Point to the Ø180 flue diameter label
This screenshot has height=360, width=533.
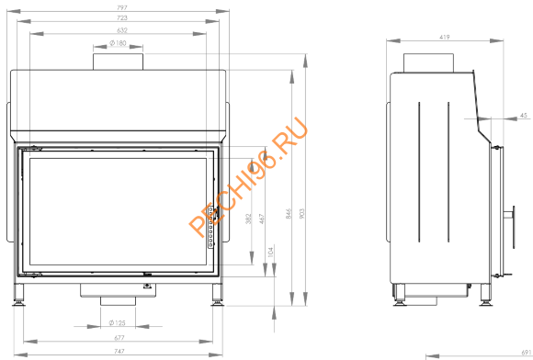118,43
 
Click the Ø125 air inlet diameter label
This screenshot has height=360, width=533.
118,322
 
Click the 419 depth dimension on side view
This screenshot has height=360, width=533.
444,39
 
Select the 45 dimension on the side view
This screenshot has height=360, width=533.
523,116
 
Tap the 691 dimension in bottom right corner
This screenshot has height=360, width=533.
525,353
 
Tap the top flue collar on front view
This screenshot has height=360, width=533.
119,61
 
